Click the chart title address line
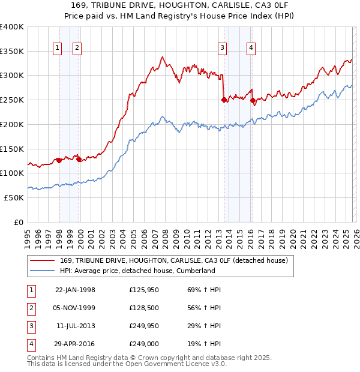coord(180,5)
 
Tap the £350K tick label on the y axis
coord(12,51)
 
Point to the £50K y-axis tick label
coord(14,197)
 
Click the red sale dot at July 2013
coord(224,100)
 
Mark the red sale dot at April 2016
coord(253,101)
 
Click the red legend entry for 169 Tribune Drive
coord(175,260)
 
